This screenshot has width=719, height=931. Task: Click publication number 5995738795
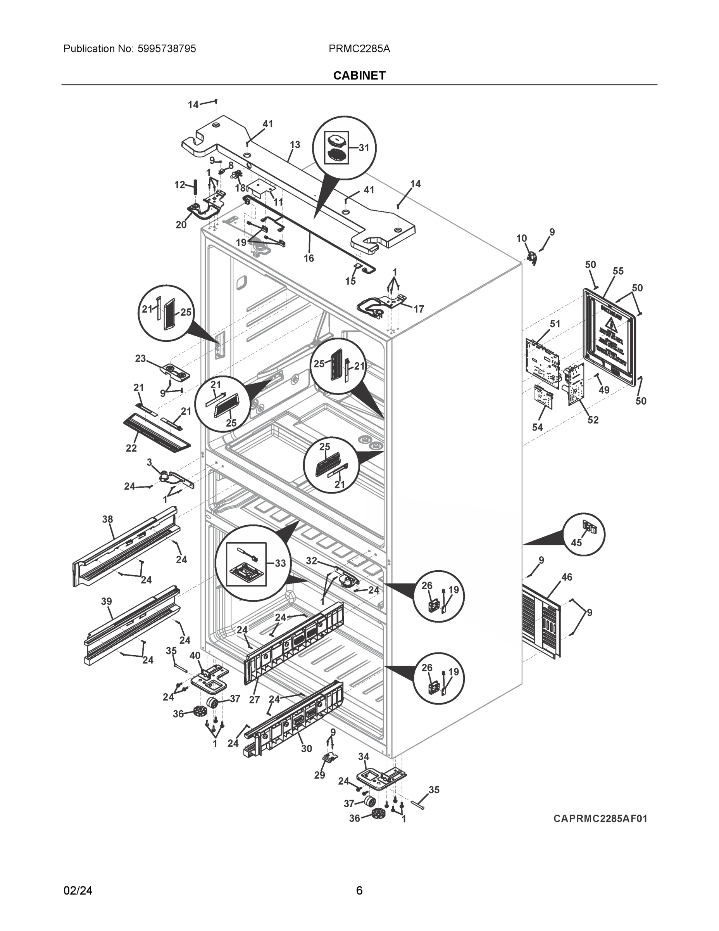pos(167,48)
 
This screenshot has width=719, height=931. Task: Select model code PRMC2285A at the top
pos(359,48)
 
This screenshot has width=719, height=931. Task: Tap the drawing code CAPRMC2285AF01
pos(600,819)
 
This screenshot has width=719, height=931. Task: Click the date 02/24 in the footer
pos(78,891)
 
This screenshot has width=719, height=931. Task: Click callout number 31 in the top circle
pos(363,147)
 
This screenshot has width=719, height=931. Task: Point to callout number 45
pos(576,542)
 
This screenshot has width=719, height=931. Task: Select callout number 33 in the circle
pos(280,563)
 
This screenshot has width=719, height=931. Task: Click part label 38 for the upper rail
pos(107,519)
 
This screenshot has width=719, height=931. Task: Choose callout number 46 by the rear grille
pos(567,577)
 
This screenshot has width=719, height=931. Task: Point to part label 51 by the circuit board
pos(555,324)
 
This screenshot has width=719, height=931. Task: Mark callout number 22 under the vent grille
pos(131,448)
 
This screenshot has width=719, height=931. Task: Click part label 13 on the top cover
pos(295,145)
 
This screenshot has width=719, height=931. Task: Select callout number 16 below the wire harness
pos(309,258)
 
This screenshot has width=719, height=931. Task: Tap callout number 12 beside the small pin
pos(179,185)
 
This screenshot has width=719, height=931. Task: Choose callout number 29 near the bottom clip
pos(319,775)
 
